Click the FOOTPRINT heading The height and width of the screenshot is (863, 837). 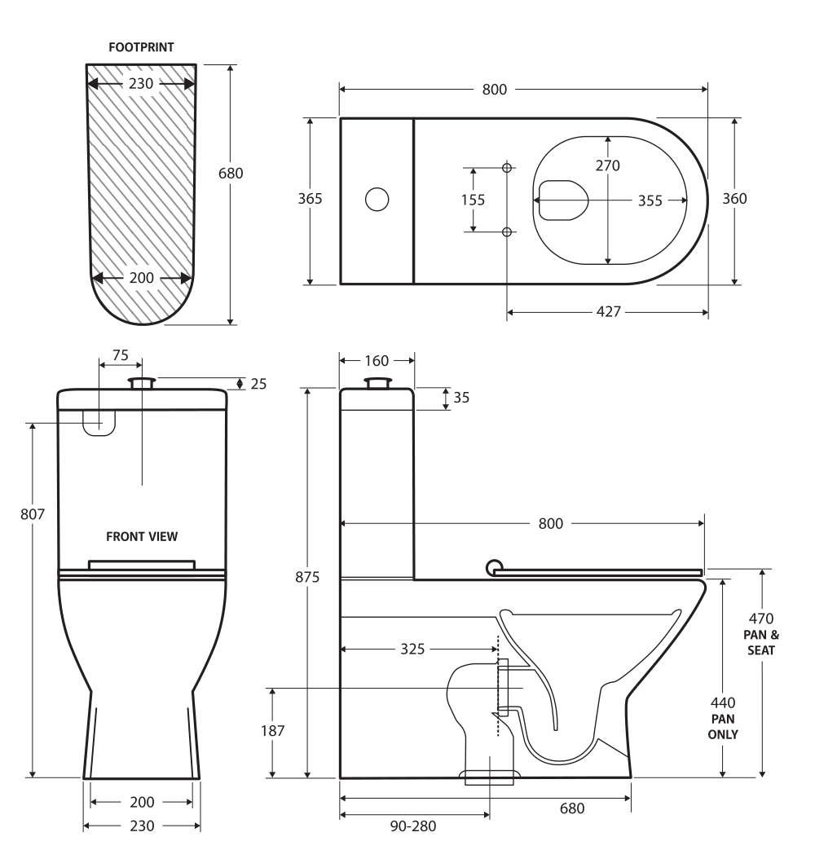coord(141,47)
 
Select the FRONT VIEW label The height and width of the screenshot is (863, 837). coord(142,536)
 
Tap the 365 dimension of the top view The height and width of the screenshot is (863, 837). coord(310,199)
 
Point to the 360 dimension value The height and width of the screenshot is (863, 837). coord(735,199)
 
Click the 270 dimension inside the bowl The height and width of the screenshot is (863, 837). coord(607,165)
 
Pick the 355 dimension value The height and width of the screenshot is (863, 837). coord(650,200)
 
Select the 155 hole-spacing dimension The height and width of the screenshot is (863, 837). coord(473,200)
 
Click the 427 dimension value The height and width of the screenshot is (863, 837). coord(608,312)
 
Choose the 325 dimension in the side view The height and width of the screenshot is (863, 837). coord(413,649)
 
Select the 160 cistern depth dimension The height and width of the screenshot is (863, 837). coord(376,361)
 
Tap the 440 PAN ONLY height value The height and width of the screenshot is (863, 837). coord(723,702)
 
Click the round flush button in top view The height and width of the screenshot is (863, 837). coord(377,199)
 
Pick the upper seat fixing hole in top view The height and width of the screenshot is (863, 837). coord(507,168)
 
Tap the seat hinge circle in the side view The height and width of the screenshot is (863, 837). coord(494,566)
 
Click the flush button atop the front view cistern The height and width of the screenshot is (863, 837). coord(143,381)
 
